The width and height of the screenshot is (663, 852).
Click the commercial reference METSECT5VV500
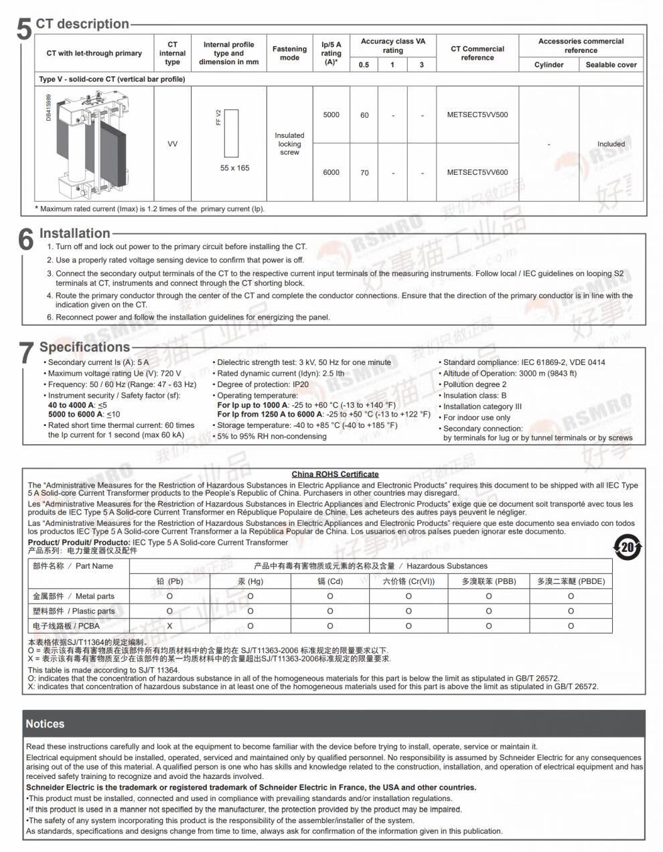coord(477,115)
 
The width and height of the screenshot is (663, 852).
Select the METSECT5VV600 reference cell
coord(477,172)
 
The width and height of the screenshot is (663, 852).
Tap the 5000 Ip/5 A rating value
coord(331,115)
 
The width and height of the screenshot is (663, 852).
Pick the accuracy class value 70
coord(364,172)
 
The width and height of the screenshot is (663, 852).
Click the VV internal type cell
coord(172,144)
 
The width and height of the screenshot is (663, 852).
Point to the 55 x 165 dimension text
coord(234,168)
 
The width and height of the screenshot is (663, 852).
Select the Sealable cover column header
coord(611,65)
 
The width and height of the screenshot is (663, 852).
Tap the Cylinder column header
coord(548,65)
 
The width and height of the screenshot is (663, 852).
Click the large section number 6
coord(25,239)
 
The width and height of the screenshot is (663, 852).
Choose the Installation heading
coord(74,233)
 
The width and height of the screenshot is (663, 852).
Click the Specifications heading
coord(84,347)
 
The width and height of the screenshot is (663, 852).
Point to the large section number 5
coord(24,29)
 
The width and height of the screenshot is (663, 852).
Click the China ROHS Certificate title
coord(335,474)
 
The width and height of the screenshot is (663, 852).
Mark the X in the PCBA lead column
coord(169,626)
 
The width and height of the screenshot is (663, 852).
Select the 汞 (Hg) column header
coord(250,581)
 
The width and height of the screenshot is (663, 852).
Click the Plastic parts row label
coord(74,611)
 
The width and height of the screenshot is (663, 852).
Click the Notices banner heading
coord(45,724)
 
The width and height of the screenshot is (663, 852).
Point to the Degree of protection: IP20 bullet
coord(263,384)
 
